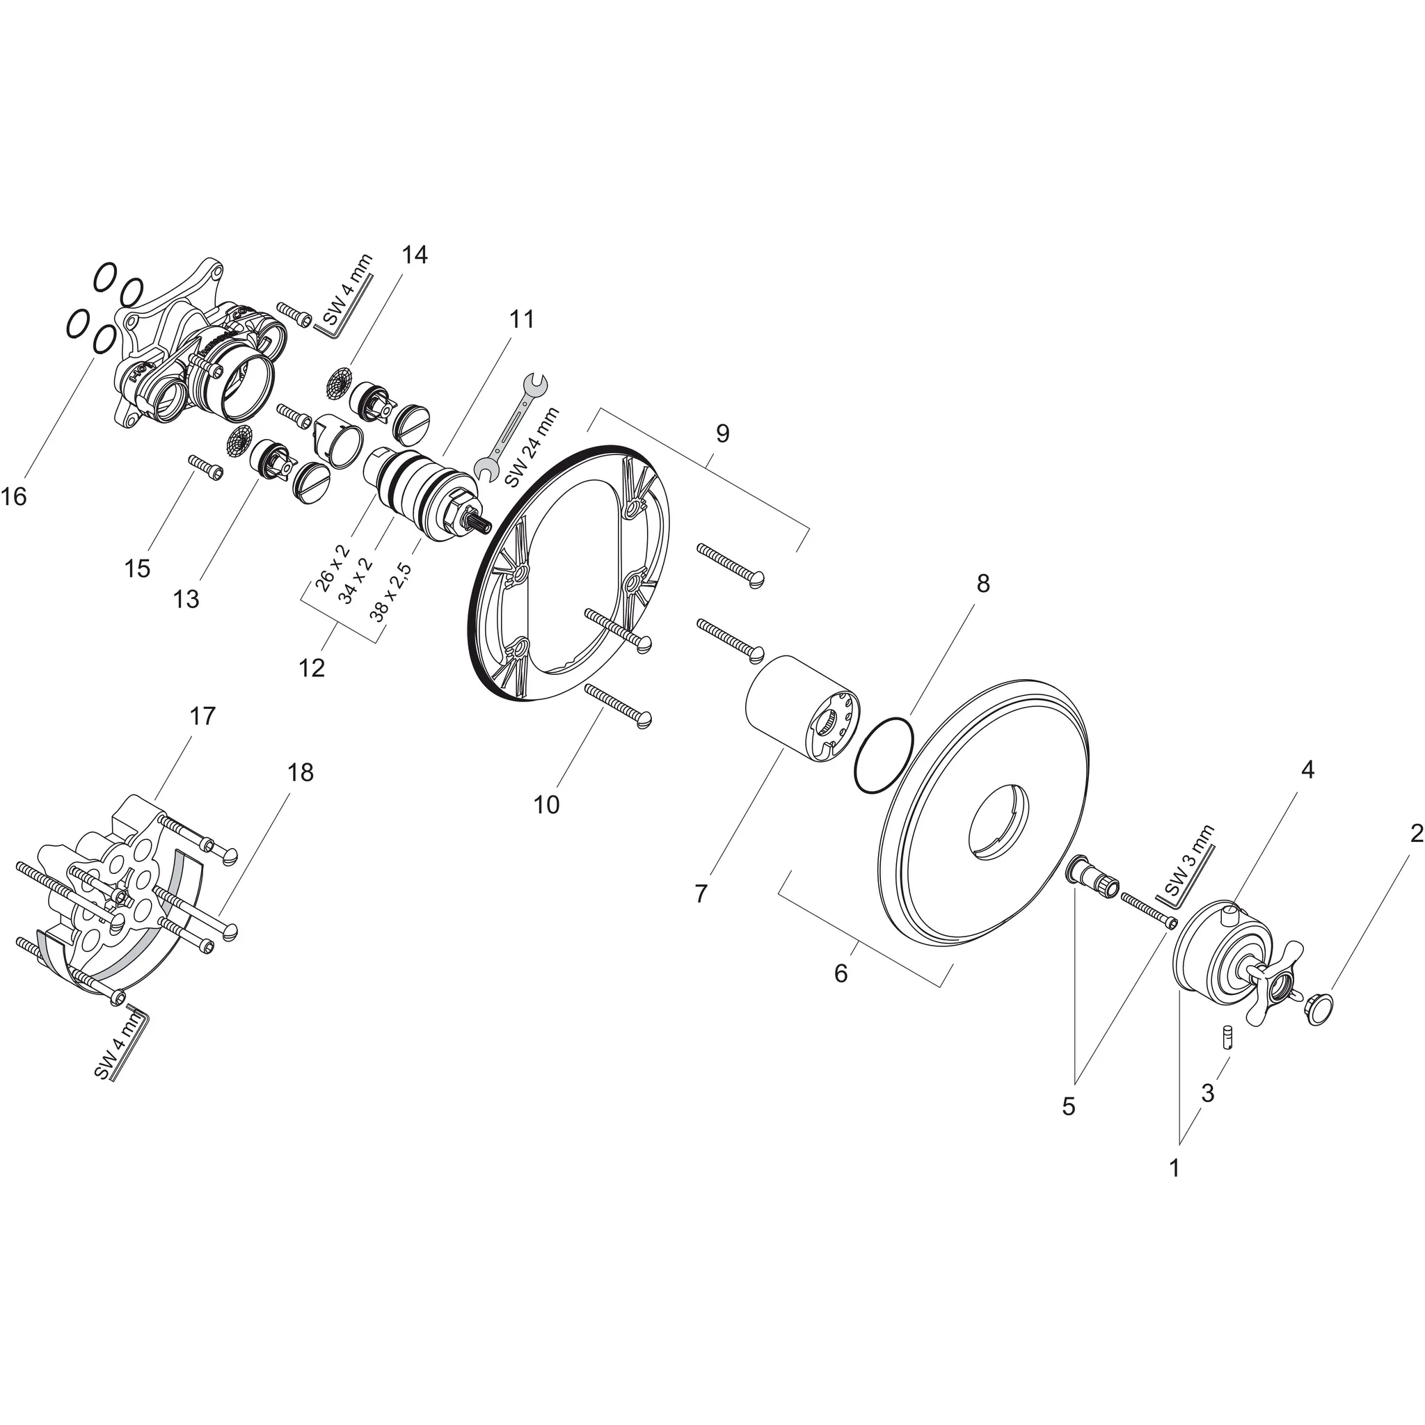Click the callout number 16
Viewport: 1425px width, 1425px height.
(x=14, y=497)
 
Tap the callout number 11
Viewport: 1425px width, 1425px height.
(x=520, y=319)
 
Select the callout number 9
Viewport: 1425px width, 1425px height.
(x=722, y=433)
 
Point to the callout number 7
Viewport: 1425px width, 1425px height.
(x=701, y=894)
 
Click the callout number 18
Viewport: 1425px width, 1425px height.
(x=301, y=772)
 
